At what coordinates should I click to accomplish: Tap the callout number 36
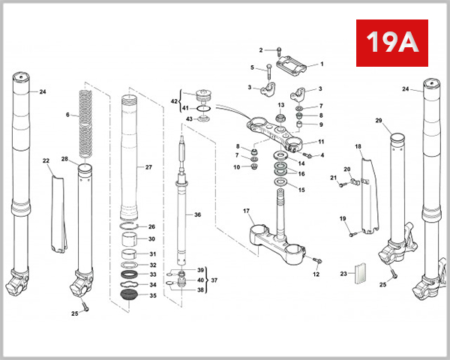[197, 214]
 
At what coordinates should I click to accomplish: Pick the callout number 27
[148, 167]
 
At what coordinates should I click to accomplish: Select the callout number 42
[174, 100]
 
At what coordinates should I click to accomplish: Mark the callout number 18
[358, 146]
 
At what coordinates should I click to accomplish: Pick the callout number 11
[321, 141]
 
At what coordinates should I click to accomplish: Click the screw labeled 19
[351, 234]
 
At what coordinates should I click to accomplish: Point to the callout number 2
[262, 50]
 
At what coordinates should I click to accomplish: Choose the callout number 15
[301, 190]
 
